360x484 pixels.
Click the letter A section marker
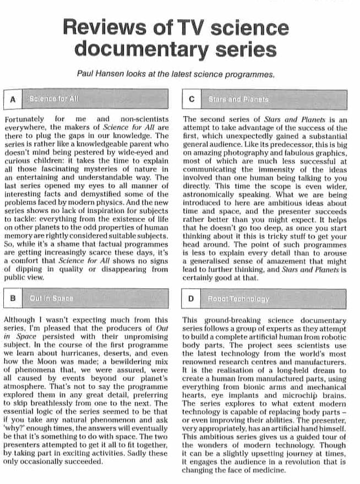12,100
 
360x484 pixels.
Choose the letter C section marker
191,100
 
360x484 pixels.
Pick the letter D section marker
191,299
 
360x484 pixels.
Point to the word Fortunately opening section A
25,119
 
